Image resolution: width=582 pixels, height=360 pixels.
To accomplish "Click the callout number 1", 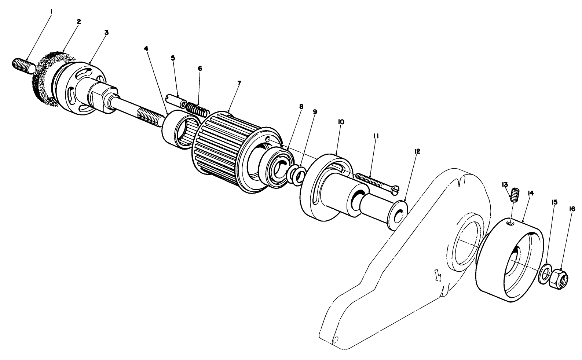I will pyautogui.click(x=51, y=12).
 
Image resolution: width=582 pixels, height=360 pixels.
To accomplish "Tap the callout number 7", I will pyautogui.click(x=239, y=83).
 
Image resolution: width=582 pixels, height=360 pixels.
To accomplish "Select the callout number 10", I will pyautogui.click(x=340, y=122).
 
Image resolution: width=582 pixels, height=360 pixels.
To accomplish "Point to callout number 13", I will pyautogui.click(x=505, y=184).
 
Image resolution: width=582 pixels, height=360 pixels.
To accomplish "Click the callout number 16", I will pyautogui.click(x=572, y=209).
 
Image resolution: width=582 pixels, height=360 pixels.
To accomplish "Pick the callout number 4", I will pyautogui.click(x=146, y=48).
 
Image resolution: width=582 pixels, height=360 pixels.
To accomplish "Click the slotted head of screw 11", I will pyautogui.click(x=395, y=190).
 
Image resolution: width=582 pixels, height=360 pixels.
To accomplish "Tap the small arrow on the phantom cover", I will pyautogui.click(x=438, y=274).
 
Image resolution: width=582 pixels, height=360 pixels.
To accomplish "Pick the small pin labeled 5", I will pyautogui.click(x=176, y=99).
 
